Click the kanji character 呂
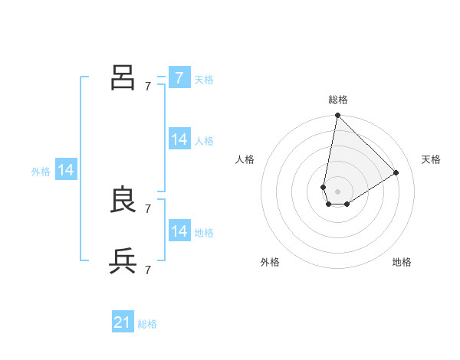(123, 77)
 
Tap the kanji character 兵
(123, 260)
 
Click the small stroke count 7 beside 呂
(148, 86)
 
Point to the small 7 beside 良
(148, 208)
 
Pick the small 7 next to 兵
(148, 269)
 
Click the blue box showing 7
(179, 77)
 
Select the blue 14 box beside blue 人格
(179, 139)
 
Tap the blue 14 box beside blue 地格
(179, 231)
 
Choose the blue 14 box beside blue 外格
(66, 170)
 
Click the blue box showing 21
(123, 322)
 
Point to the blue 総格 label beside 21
(147, 324)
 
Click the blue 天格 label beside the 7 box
(204, 80)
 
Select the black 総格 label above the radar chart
(338, 100)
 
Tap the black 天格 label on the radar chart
(432, 159)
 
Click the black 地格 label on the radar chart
(402, 262)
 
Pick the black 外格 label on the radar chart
(270, 262)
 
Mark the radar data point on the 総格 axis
(337, 116)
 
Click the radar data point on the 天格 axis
(396, 172)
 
